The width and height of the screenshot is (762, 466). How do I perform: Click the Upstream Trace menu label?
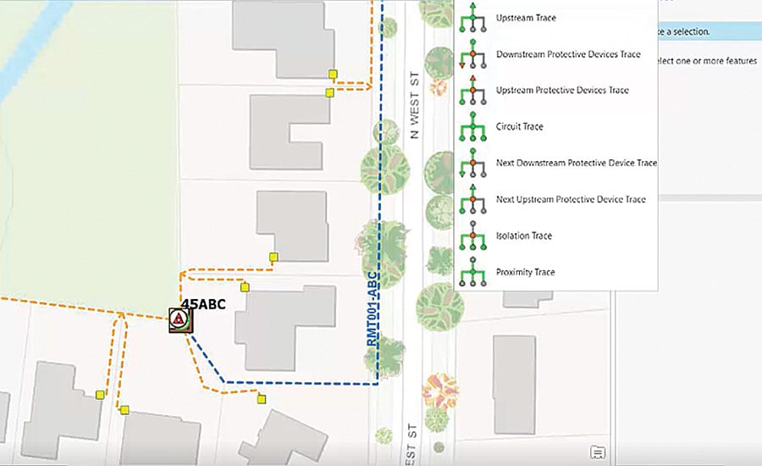[x=526, y=18]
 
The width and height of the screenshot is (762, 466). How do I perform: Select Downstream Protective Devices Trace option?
[x=568, y=54]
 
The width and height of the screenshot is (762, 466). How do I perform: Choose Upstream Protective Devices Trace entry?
[x=562, y=91]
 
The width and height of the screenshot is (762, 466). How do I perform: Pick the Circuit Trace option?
[x=519, y=127]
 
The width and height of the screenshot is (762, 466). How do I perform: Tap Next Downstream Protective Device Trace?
[x=577, y=163]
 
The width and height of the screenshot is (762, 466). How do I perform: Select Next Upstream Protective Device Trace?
[x=571, y=199]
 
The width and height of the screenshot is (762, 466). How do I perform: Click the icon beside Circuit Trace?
[x=472, y=127]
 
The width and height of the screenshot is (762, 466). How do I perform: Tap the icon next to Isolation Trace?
[x=472, y=236]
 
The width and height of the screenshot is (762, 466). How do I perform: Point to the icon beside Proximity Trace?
[x=472, y=272]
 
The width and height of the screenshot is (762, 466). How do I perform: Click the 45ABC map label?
[x=203, y=305]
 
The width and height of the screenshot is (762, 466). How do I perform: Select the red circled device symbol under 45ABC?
[x=179, y=319]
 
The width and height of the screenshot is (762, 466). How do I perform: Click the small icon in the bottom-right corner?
[x=598, y=452]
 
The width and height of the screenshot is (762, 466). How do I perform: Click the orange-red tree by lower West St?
[x=438, y=391]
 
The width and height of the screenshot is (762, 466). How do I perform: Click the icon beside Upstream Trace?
[x=472, y=18]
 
